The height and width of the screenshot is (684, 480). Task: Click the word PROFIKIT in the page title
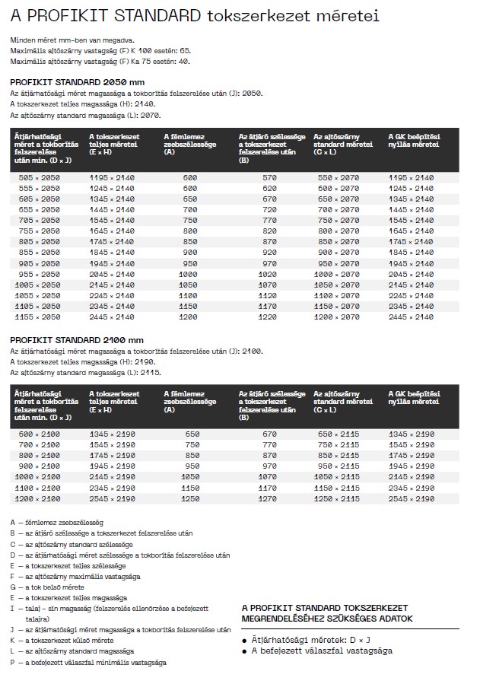tap(73, 15)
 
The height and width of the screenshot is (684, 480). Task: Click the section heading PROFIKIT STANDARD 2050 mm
tap(78, 81)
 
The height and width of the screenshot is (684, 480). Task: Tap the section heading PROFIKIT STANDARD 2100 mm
tap(78, 339)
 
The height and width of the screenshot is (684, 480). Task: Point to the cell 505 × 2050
tap(39, 177)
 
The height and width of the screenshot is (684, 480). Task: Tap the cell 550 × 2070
tap(338, 177)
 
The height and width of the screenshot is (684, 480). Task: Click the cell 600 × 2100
tap(39, 434)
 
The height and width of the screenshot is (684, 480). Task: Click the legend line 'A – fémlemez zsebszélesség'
tap(57, 523)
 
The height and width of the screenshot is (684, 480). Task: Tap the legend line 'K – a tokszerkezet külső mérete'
tap(62, 641)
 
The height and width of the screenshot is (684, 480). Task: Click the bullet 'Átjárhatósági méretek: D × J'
tap(307, 641)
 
